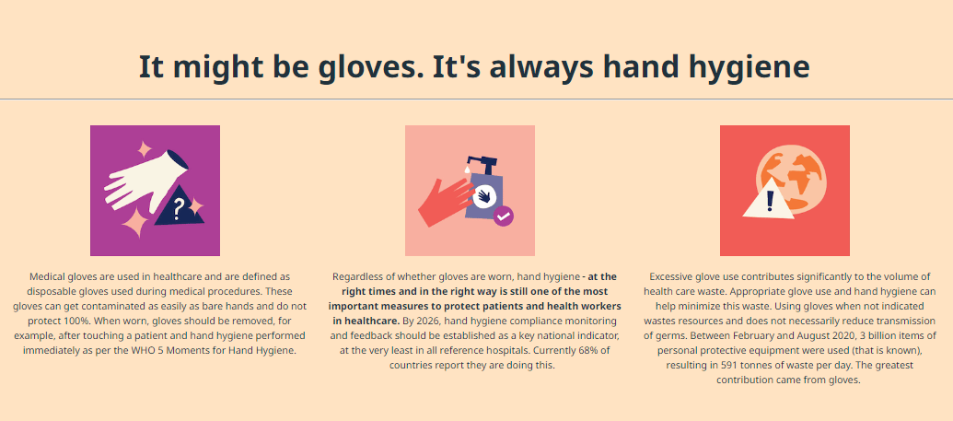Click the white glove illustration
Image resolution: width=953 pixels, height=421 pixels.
coord(145,180)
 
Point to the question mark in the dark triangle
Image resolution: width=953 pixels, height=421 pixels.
coord(178,210)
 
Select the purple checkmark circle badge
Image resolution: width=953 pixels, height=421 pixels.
coord(504,216)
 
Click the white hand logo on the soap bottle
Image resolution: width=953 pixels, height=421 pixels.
coord(485,195)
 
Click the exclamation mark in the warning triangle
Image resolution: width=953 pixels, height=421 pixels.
coord(770,200)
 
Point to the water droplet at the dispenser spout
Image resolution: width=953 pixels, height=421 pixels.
coord(466,170)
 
